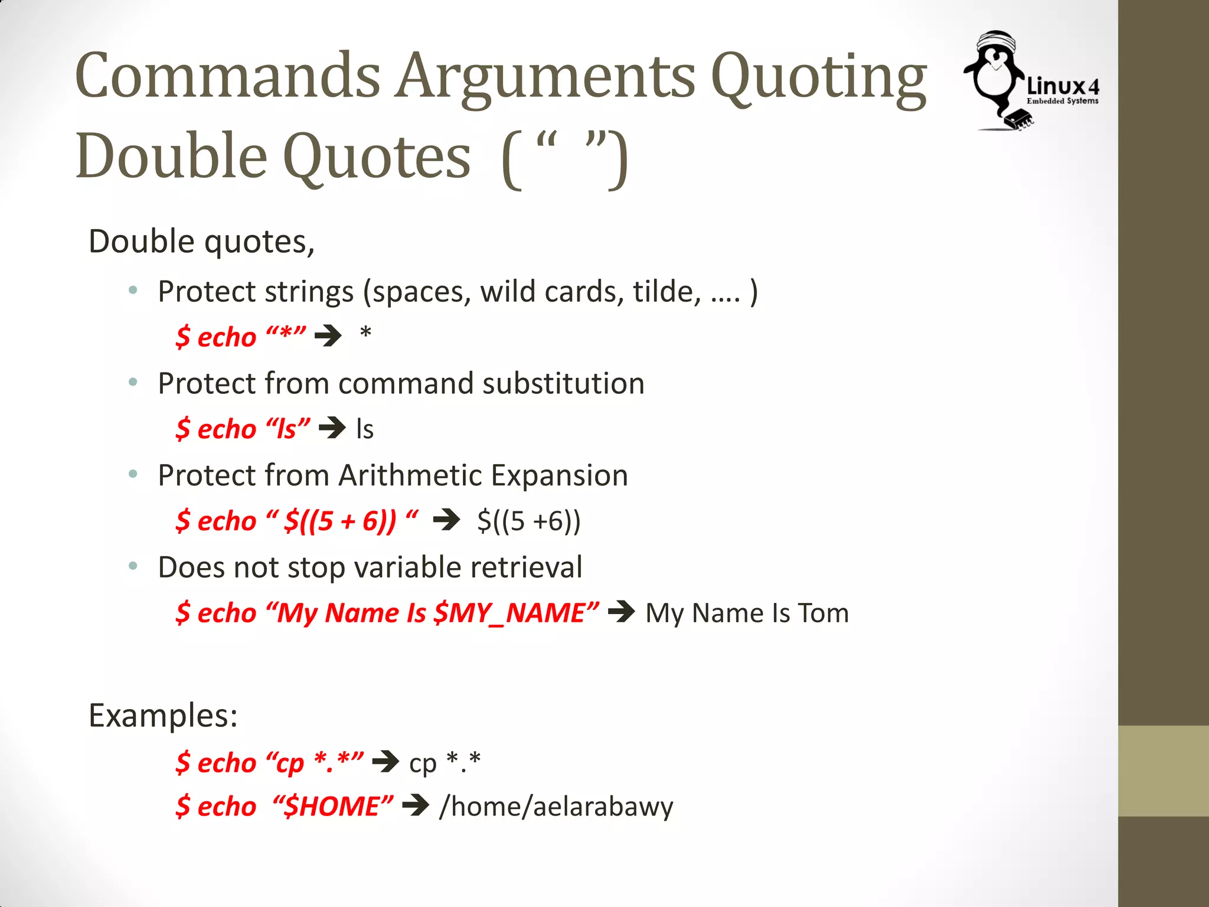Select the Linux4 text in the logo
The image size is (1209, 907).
click(1063, 87)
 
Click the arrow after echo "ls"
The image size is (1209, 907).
click(332, 428)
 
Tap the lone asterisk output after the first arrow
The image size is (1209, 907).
click(365, 334)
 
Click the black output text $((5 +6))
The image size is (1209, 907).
click(529, 521)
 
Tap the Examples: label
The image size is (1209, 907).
click(163, 716)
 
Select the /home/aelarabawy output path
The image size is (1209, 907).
click(556, 807)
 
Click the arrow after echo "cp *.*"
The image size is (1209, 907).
click(386, 762)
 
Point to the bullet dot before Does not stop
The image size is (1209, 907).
click(133, 567)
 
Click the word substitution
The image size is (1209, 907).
click(563, 384)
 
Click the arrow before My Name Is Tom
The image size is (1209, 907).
click(622, 612)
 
